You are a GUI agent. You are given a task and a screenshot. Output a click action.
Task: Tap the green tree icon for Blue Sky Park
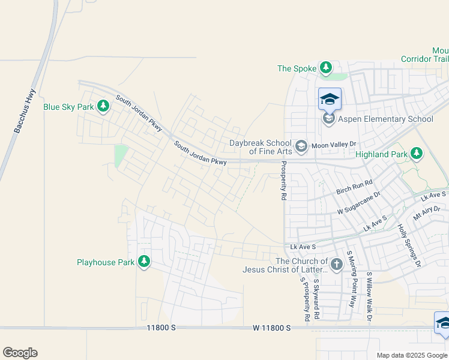pyautogui.click(x=103, y=107)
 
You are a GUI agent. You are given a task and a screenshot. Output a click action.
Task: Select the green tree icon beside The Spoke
pyautogui.click(x=325, y=68)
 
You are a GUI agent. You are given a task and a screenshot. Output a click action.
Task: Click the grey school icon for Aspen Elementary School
pyautogui.click(x=329, y=119)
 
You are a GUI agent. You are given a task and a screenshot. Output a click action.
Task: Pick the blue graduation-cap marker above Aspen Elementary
pyautogui.click(x=330, y=98)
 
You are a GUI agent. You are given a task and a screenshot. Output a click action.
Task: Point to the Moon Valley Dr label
pyautogui.click(x=334, y=145)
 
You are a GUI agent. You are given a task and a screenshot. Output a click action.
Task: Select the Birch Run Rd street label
pyautogui.click(x=354, y=186)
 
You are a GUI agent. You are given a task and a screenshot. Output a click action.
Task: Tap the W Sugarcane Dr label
pyautogui.click(x=358, y=203)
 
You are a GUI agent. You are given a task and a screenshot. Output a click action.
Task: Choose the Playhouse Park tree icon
pyautogui.click(x=144, y=262)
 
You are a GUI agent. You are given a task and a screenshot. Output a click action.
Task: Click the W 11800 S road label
pyautogui.click(x=271, y=328)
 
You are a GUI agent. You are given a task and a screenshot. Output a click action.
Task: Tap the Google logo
pyautogui.click(x=20, y=353)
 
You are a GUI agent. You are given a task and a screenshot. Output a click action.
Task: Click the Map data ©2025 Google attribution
pyautogui.click(x=412, y=355)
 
